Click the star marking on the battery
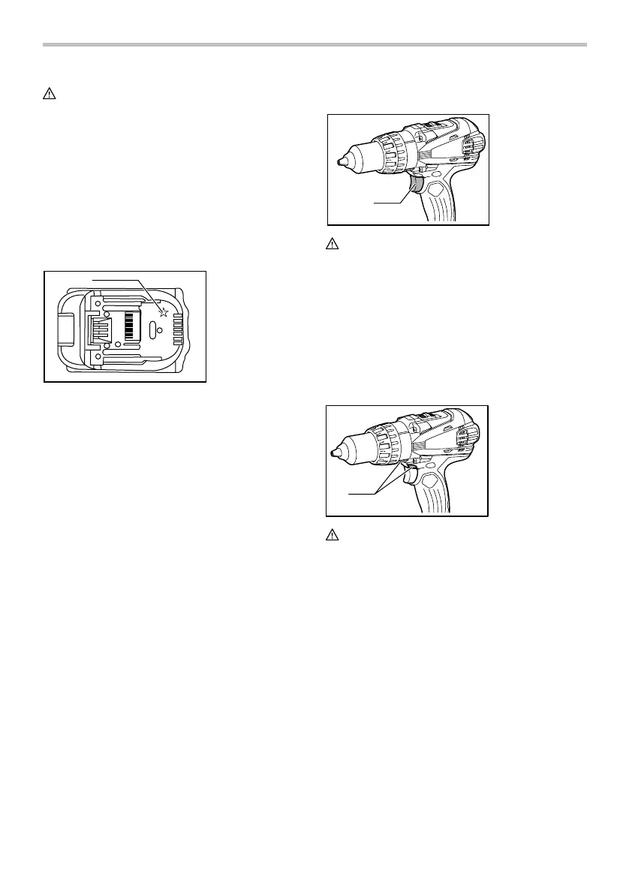coord(163,312)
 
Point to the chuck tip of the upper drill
coord(340,161)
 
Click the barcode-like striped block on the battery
coord(133,324)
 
